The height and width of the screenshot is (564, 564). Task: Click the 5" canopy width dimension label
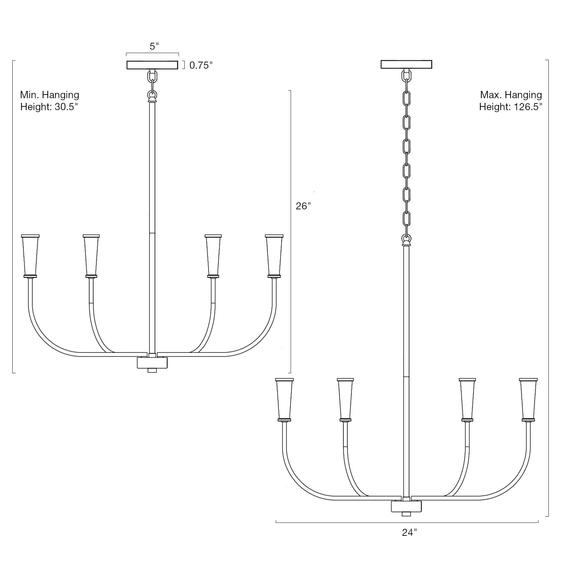pyautogui.click(x=154, y=46)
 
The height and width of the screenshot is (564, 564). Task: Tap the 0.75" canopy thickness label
pyautogui.click(x=200, y=65)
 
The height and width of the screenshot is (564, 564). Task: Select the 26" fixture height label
pyautogui.click(x=303, y=206)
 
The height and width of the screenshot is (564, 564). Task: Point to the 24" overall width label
pyautogui.click(x=409, y=542)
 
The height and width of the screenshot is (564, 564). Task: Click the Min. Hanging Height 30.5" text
pyautogui.click(x=49, y=101)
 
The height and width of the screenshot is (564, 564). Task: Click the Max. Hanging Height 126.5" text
pyautogui.click(x=510, y=101)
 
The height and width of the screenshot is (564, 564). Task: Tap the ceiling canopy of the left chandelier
pyautogui.click(x=152, y=65)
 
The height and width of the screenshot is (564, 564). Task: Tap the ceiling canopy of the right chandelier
pyautogui.click(x=406, y=64)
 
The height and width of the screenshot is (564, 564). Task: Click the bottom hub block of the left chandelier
pyautogui.click(x=152, y=363)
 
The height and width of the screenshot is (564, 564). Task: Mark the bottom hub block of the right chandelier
pyautogui.click(x=406, y=507)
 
